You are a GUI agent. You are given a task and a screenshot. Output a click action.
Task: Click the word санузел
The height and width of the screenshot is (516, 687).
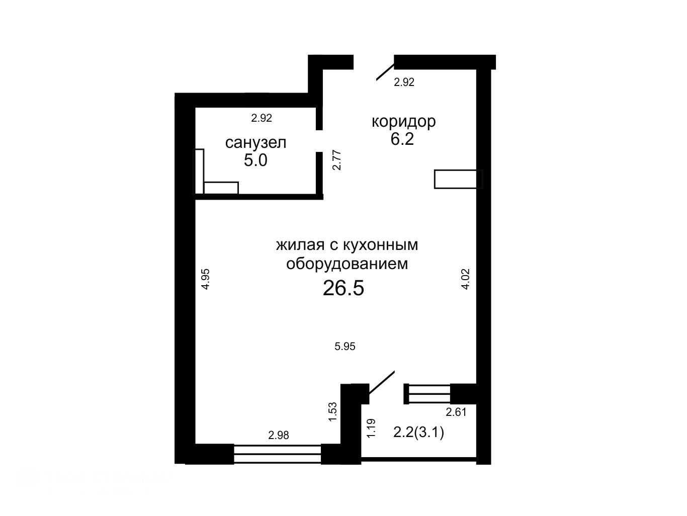click(x=255, y=143)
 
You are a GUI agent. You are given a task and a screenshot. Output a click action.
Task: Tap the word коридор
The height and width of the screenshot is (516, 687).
click(x=404, y=122)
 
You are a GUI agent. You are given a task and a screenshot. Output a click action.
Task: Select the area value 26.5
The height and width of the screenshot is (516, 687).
click(x=343, y=288)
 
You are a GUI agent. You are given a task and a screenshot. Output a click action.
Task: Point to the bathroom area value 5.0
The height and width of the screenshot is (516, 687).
click(x=255, y=160)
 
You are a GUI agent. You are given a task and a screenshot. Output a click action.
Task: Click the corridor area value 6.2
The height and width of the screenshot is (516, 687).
click(x=402, y=139)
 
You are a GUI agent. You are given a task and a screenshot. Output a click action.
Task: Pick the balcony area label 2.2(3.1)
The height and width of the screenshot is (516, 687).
click(x=418, y=433)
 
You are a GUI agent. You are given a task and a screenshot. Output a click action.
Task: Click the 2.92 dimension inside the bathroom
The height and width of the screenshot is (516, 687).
click(x=262, y=118)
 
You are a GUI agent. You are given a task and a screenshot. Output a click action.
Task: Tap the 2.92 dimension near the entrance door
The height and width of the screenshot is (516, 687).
click(x=404, y=82)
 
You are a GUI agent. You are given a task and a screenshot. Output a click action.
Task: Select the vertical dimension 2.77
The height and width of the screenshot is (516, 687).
click(x=337, y=160)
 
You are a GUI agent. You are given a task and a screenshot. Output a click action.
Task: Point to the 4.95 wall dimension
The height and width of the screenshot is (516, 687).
click(x=205, y=279)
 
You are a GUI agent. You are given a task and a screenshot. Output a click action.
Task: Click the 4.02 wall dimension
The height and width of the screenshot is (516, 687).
click(x=465, y=279)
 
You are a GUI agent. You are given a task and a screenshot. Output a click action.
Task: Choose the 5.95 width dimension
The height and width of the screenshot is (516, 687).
click(x=345, y=347)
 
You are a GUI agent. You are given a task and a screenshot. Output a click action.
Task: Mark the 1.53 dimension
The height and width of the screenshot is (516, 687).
click(x=332, y=412)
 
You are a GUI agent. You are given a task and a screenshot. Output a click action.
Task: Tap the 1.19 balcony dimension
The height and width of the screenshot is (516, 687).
click(x=371, y=428)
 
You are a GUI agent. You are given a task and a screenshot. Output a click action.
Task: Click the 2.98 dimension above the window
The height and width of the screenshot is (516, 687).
click(x=279, y=435)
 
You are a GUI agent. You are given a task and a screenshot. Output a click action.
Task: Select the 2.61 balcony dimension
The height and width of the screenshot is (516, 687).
click(x=456, y=412)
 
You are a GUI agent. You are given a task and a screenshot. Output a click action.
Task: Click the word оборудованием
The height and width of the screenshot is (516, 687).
click(x=347, y=264)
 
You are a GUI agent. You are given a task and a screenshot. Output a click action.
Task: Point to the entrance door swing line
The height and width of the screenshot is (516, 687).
click(x=385, y=72)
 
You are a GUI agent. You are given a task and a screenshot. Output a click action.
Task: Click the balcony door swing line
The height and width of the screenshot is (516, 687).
click(x=382, y=387)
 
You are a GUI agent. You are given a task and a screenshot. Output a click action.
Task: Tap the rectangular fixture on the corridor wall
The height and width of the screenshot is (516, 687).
click(x=458, y=179)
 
